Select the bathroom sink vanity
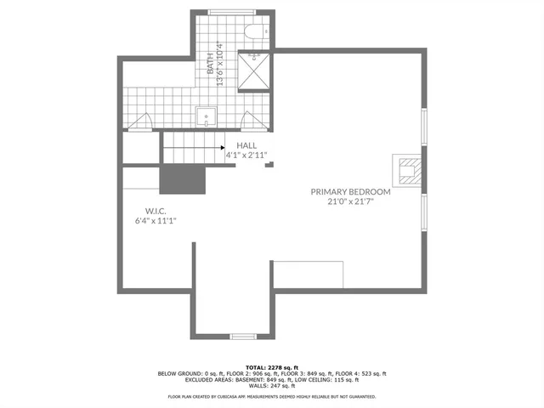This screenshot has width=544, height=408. tap(206, 116)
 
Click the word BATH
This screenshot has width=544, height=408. tap(210, 61)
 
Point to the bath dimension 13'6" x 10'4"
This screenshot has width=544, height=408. tap(220, 65)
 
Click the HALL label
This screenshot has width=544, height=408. tap(246, 145)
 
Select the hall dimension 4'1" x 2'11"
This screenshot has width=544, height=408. tap(246, 156)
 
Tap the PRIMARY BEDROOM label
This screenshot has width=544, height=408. tap(350, 192)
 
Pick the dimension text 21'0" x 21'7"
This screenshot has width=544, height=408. tap(350, 202)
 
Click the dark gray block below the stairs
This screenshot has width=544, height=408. tap(184, 179)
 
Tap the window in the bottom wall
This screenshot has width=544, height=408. tap(244, 336)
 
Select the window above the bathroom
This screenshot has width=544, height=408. tap(229, 11)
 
